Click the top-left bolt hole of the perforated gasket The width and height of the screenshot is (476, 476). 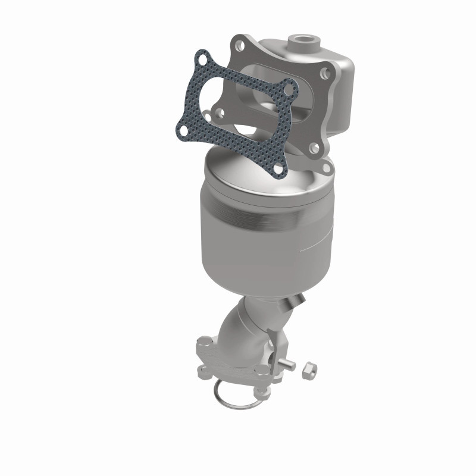(x=203, y=59)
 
